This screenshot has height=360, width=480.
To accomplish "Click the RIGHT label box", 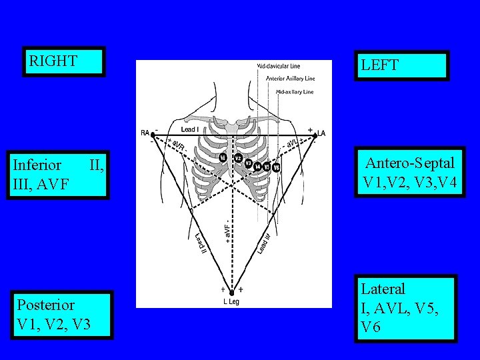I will click(x=64, y=62).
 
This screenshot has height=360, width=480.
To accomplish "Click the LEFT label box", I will click(x=401, y=65).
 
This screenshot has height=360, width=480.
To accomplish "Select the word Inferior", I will click(x=37, y=165).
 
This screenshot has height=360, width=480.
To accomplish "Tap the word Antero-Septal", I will click(x=410, y=163).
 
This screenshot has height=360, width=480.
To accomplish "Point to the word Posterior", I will click(x=46, y=305).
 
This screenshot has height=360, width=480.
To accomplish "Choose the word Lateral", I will click(x=383, y=289).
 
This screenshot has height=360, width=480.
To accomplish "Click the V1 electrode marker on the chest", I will click(x=223, y=157).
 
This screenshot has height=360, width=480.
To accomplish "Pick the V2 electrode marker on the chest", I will click(x=239, y=158).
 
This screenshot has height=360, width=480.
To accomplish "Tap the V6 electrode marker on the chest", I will click(x=276, y=167).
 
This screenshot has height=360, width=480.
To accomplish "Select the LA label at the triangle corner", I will click(x=321, y=133).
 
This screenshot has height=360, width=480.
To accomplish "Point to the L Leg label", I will click(x=231, y=301).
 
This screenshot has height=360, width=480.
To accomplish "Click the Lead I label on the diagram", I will click(x=190, y=129).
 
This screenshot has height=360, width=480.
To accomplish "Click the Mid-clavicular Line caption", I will click(x=279, y=66).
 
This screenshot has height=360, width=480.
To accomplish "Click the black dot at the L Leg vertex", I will click(x=231, y=293).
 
